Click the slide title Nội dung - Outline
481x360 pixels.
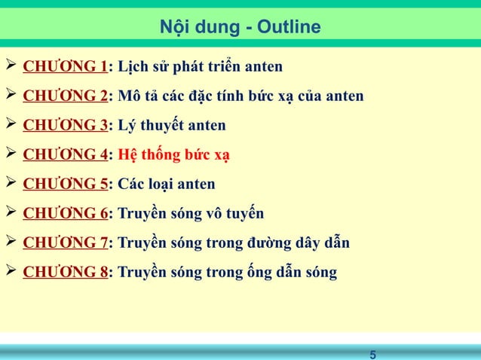point(240,28)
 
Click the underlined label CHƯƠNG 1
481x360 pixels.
point(64,68)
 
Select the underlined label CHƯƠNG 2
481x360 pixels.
point(64,97)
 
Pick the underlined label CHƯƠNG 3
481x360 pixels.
point(64,126)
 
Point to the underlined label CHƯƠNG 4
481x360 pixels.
point(64,155)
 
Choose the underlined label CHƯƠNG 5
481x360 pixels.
point(64,185)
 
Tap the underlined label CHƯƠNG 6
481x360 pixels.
point(64,214)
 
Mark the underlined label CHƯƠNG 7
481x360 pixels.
point(64,243)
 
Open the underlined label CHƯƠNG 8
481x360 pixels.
point(64,272)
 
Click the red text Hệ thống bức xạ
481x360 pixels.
point(174,156)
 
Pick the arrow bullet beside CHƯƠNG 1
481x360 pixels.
point(11,67)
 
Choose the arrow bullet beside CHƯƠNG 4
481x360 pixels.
point(11,154)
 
